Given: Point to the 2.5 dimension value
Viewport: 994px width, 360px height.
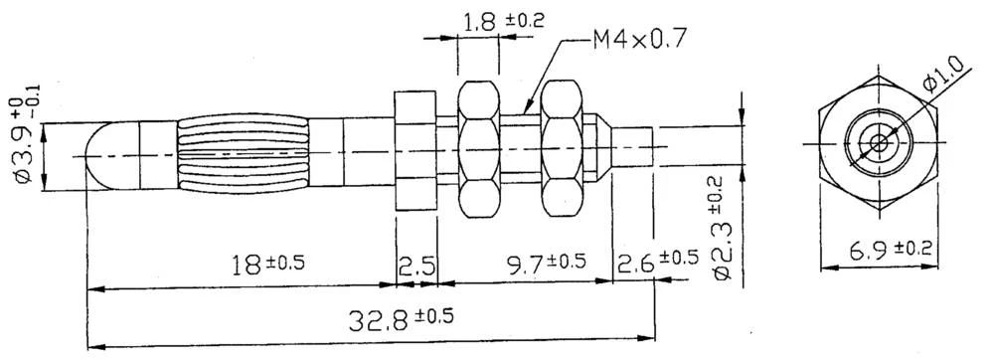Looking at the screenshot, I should click(x=416, y=266).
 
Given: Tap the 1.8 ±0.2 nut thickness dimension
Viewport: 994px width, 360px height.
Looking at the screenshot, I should click(x=503, y=21).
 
